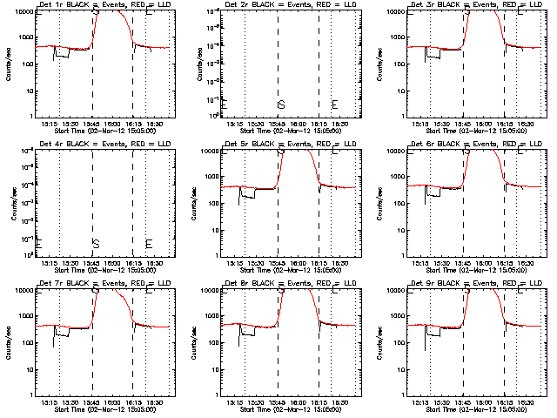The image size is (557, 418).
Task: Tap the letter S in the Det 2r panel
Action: pyautogui.click(x=281, y=104)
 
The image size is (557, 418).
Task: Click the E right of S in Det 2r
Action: pyautogui.click(x=334, y=104)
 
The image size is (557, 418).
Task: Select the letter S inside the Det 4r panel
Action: pyautogui.click(x=96, y=243)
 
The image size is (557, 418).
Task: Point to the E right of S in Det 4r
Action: pyautogui.click(x=149, y=243)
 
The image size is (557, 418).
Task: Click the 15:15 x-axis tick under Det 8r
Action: pyautogui.click(x=234, y=402)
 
